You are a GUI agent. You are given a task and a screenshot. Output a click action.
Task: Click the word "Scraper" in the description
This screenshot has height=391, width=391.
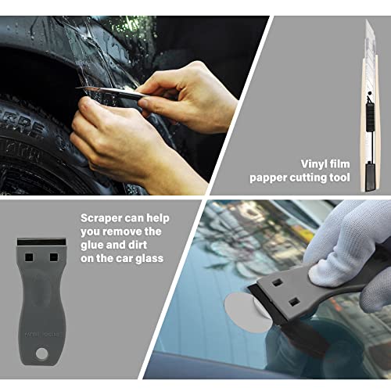pos(104,217)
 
